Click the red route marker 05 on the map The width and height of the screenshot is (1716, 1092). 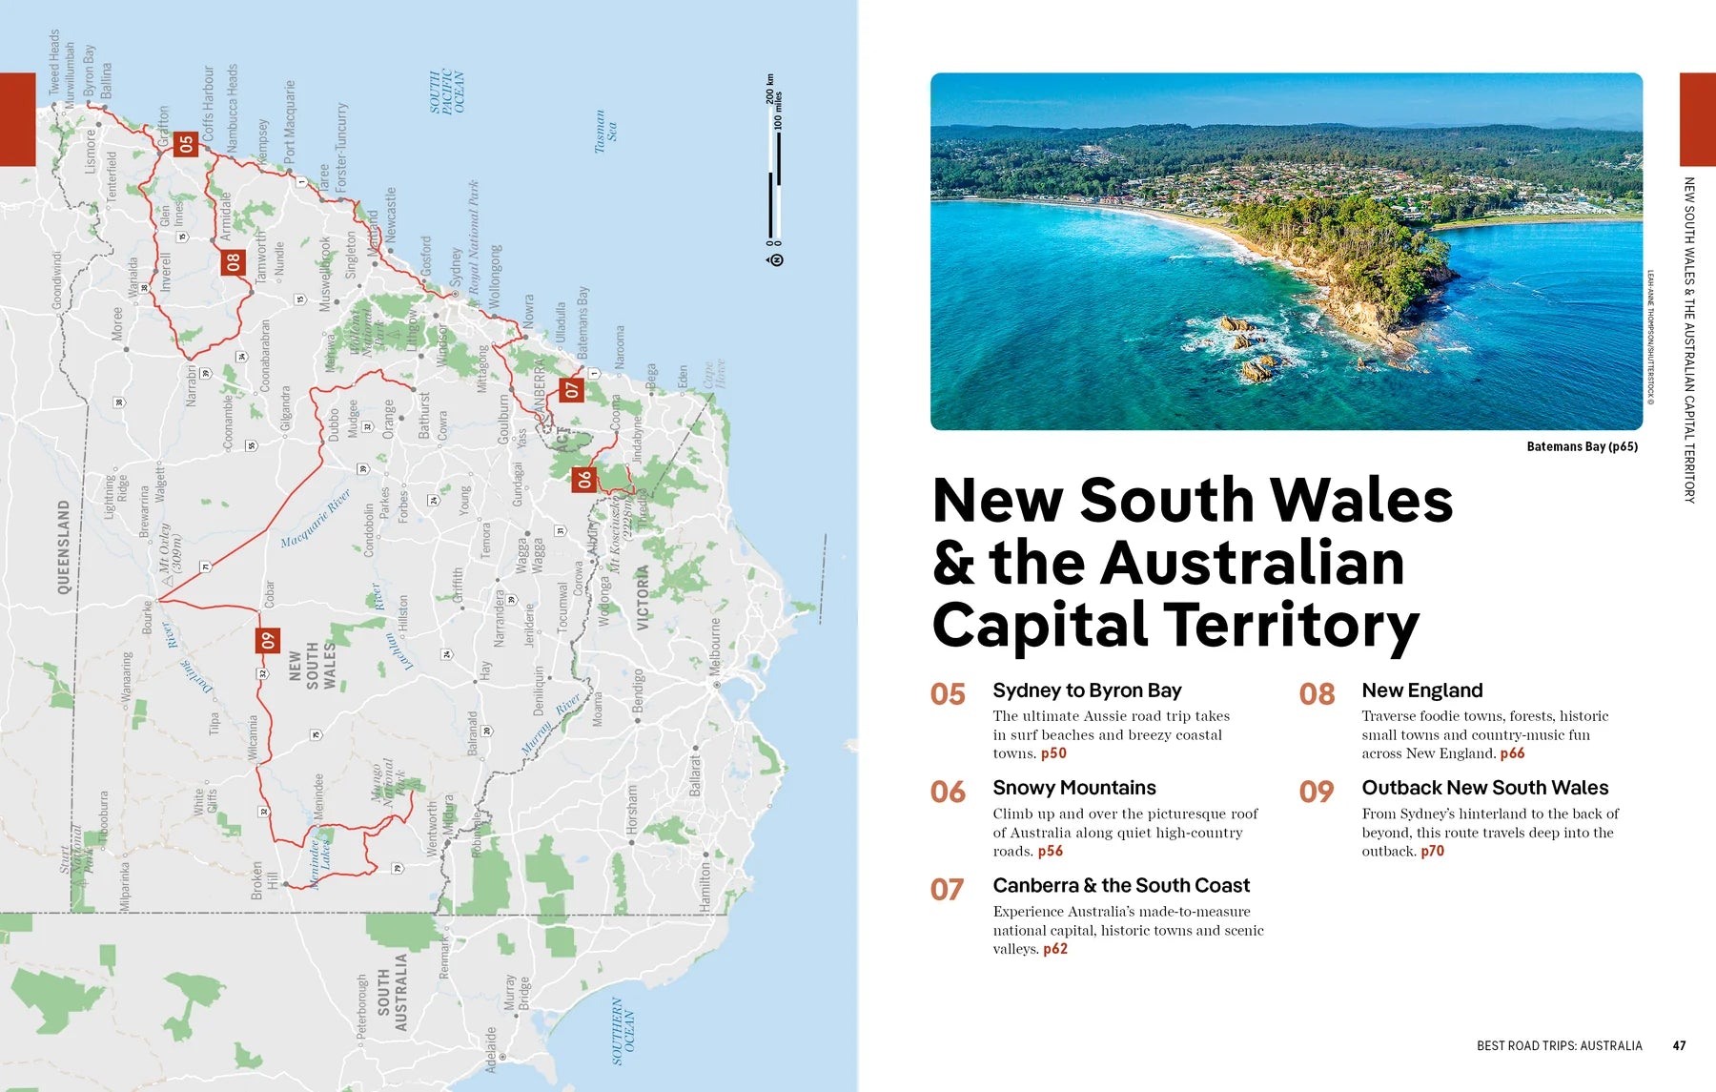tap(186, 144)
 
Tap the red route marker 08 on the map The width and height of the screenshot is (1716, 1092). tap(234, 261)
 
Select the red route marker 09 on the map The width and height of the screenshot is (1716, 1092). tap(268, 641)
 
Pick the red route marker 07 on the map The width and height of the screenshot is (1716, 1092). tap(571, 389)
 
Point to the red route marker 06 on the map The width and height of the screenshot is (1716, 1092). tap(583, 480)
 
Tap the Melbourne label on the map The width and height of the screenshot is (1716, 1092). tap(716, 648)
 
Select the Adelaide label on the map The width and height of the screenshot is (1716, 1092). tap(491, 1049)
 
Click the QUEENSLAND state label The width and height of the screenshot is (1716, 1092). tap(64, 546)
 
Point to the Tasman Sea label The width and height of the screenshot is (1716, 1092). tap(605, 131)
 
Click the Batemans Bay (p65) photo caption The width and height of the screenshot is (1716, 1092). tap(1582, 446)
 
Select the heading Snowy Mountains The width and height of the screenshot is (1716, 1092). tap(1073, 788)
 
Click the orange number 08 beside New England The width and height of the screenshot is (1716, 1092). tap(1317, 694)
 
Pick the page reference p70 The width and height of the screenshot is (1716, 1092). tap(1432, 852)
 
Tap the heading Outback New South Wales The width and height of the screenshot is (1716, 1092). tap(1484, 788)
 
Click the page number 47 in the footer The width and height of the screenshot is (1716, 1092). tap(1679, 1046)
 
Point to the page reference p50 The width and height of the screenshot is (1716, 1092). tap(1053, 753)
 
